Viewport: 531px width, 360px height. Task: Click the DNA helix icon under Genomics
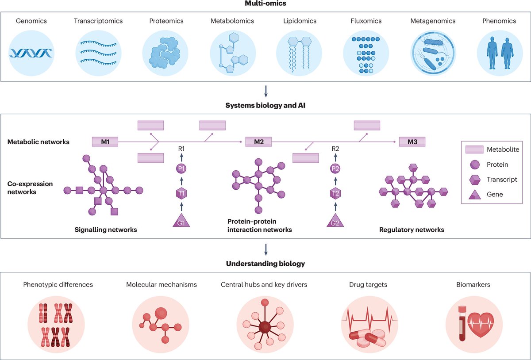point(31,53)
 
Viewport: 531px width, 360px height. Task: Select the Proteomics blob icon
point(165,53)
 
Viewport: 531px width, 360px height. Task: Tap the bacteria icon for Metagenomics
point(433,53)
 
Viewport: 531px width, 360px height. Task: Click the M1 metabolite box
point(105,142)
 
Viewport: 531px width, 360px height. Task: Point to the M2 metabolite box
point(258,142)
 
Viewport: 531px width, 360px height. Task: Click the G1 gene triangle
point(181,220)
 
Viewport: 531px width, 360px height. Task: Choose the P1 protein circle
point(181,169)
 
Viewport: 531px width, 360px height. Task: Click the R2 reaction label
point(335,149)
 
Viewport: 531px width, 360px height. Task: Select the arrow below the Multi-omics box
point(265,92)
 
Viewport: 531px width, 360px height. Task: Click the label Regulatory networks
point(412,230)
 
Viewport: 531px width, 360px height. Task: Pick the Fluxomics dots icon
point(366,53)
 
